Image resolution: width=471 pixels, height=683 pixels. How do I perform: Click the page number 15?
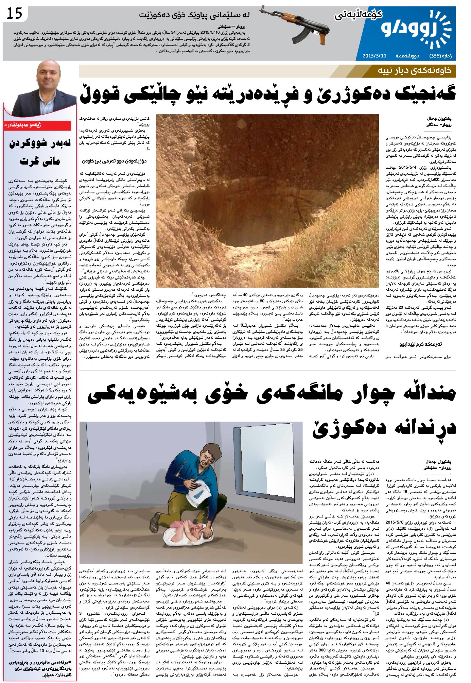14,14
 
